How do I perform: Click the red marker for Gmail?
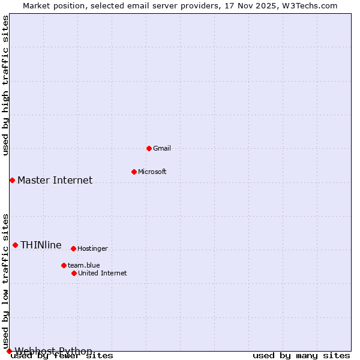pos(149,148)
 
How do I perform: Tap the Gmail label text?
pos(162,149)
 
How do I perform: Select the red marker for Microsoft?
pos(134,172)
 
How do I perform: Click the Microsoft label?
pos(152,172)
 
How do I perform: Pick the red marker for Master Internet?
pos(12,180)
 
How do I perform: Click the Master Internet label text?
pos(55,181)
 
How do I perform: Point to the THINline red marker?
pos(15,245)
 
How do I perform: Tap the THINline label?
pos(41,245)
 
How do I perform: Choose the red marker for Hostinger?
pos(73,248)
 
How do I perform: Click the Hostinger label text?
pos(92,249)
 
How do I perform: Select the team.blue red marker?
pos(64,265)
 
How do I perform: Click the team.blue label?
pos(83,266)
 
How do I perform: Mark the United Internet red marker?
pos(74,273)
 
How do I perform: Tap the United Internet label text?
pos(102,274)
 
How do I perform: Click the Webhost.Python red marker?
pos(9,351)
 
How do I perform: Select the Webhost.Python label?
pos(53,351)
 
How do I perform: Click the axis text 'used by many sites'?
pos(301,356)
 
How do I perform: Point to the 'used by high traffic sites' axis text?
pos(6,85)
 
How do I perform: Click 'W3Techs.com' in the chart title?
pos(310,6)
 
